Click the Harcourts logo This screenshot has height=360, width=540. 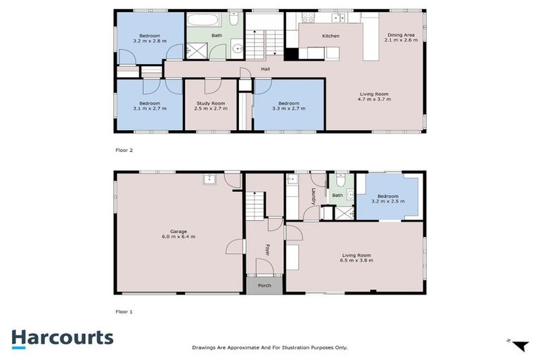62,337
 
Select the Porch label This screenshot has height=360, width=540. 264,285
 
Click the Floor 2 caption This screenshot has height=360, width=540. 124,150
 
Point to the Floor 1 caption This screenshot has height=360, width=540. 124,311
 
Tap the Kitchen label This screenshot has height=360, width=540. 330,36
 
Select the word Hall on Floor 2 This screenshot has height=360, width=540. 265,69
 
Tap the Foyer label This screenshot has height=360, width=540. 267,250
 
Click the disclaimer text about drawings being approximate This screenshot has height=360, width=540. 269,347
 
